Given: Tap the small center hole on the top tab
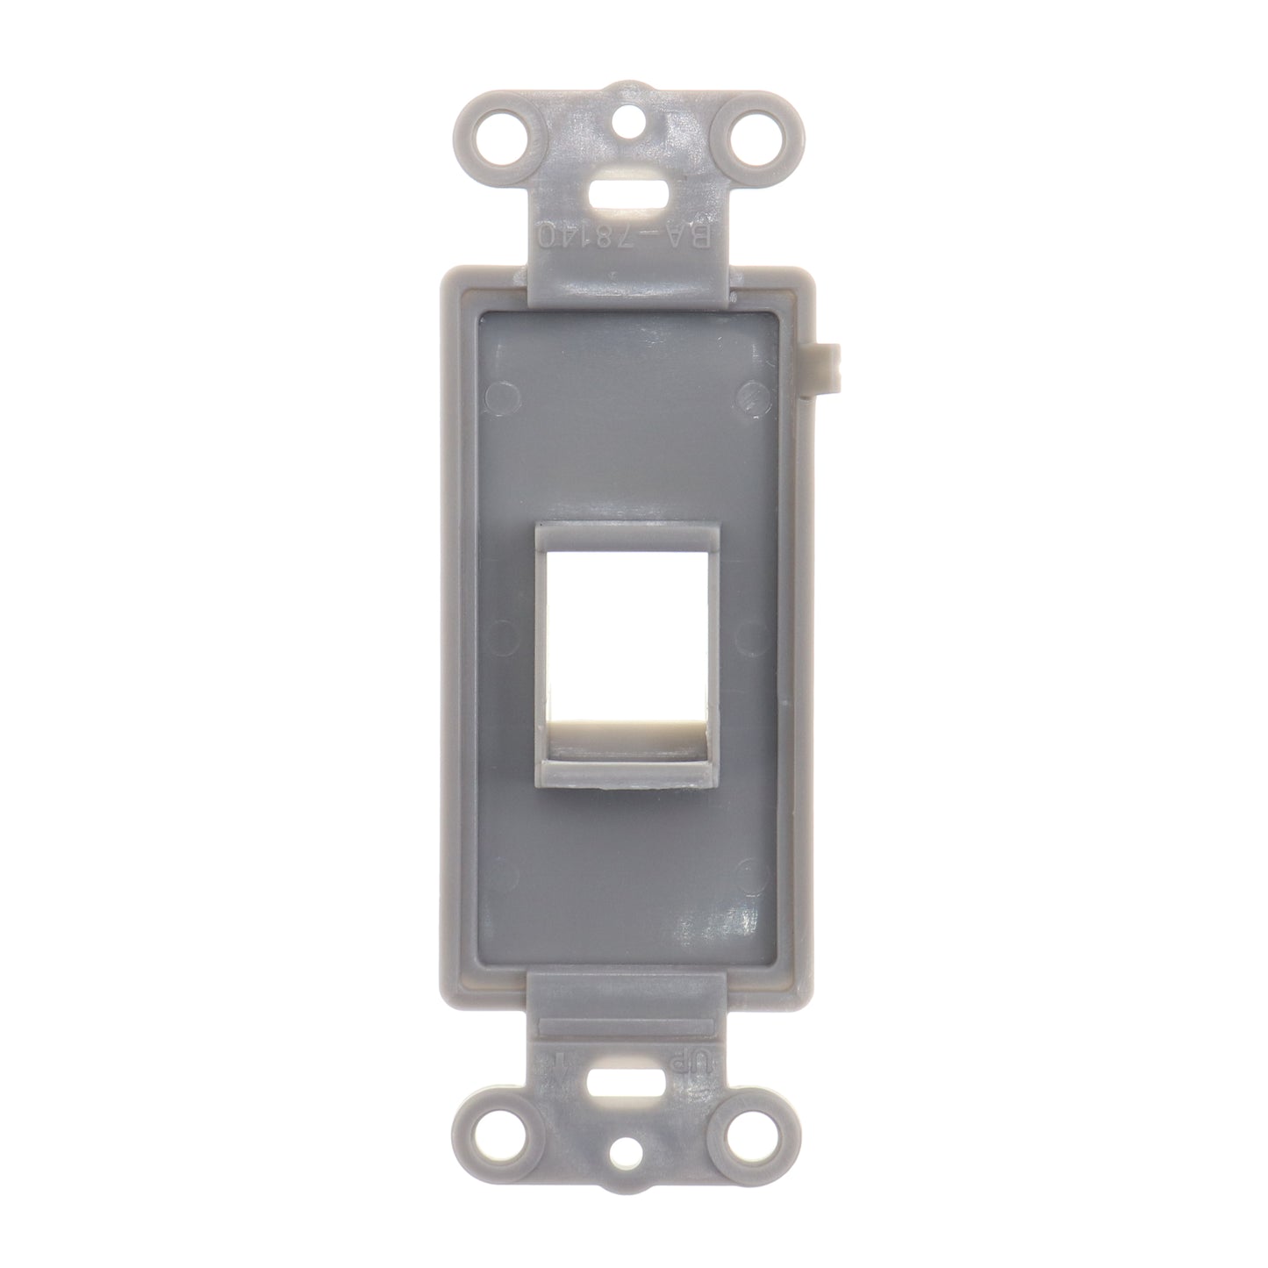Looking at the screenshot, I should tap(633, 114).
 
